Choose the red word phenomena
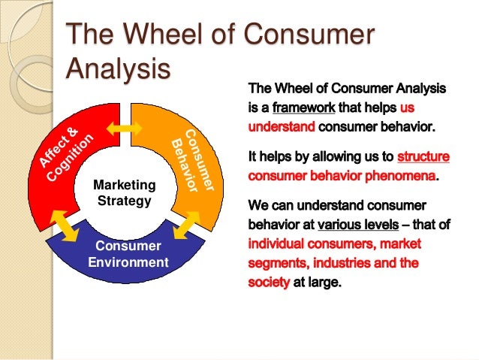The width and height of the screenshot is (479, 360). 400,177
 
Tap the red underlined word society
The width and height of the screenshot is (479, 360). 268,283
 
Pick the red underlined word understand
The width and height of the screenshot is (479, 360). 281,126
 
